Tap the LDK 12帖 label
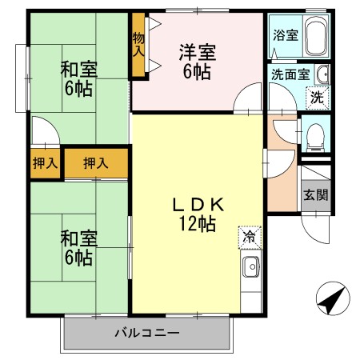[x=196, y=214]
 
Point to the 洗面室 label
[x=288, y=75]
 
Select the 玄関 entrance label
[x=315, y=194]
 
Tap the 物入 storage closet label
[x=139, y=44]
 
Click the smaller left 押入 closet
[x=44, y=163]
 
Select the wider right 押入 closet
[x=96, y=163]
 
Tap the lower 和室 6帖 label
[x=77, y=248]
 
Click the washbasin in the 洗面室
[x=322, y=74]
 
